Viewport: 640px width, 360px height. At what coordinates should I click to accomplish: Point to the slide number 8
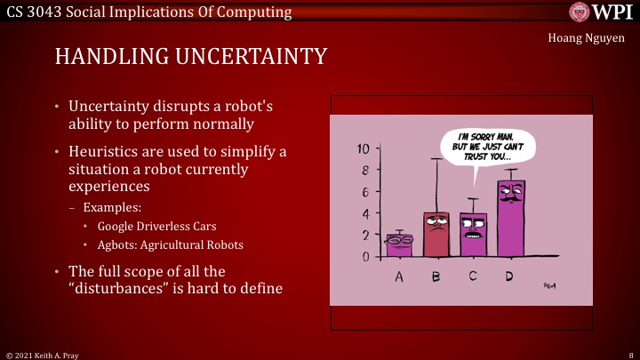(x=629, y=353)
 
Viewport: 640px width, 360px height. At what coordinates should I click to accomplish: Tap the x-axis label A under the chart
(x=399, y=276)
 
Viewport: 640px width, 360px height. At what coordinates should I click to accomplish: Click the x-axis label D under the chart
(x=509, y=276)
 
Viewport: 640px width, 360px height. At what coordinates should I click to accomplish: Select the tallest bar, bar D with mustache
(x=510, y=218)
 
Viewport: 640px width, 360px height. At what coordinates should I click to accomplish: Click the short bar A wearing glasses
(x=399, y=244)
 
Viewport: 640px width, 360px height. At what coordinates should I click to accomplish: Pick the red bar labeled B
(x=436, y=234)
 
